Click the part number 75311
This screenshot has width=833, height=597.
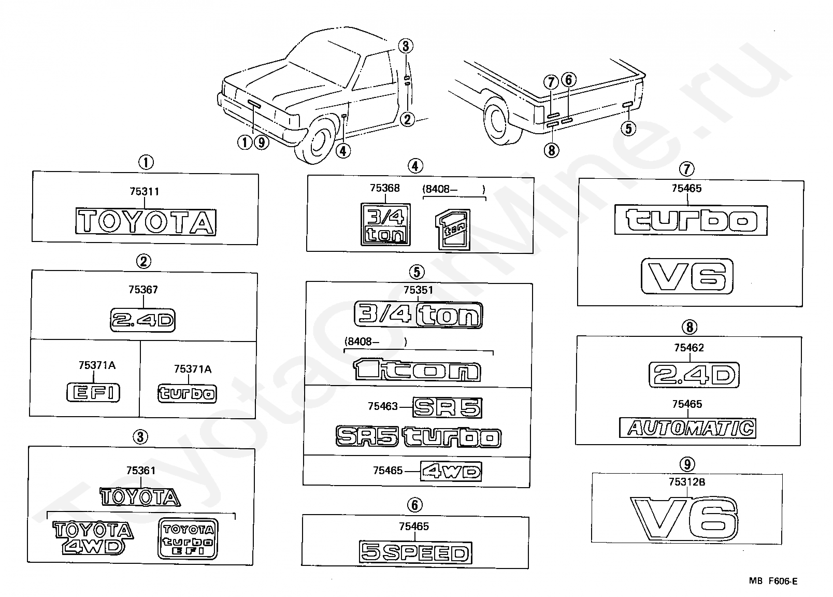point(145,192)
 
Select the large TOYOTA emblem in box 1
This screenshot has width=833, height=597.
point(146,222)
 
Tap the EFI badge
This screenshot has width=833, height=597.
point(93,392)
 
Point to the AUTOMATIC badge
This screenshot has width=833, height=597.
point(687,428)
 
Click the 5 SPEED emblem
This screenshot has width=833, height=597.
point(415,553)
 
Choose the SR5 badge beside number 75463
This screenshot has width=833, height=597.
point(448,408)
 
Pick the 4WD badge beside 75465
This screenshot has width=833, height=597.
point(451,472)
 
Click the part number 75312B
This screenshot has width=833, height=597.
point(687,482)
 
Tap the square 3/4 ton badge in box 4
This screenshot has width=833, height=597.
point(385,224)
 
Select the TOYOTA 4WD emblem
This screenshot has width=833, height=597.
point(93,537)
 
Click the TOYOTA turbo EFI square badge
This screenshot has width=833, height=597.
point(188,538)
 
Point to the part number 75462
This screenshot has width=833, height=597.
point(688,348)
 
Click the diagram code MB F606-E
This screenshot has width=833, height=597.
point(773,581)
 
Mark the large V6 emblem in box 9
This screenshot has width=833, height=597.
point(684,519)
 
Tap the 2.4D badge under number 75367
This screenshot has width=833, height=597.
point(143,320)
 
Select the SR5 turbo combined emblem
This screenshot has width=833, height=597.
point(419,437)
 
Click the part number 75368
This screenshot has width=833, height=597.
point(384,188)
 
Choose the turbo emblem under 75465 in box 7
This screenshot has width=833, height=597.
point(691,220)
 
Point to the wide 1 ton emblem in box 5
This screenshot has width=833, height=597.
point(417,369)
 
